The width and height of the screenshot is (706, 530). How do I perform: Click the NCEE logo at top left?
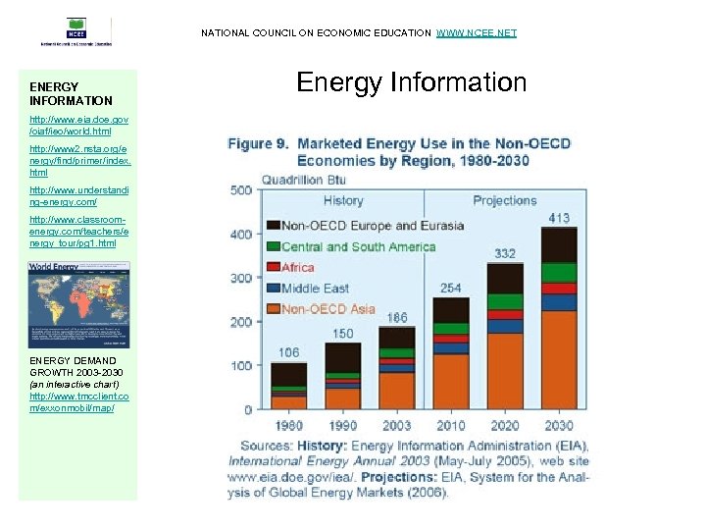pos(76,31)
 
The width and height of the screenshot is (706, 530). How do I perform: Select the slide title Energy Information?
pos(411,82)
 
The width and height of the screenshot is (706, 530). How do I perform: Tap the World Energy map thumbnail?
pos(77,304)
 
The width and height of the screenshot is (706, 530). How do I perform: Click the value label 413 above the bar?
pos(559,218)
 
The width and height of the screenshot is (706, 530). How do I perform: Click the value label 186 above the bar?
pos(397,318)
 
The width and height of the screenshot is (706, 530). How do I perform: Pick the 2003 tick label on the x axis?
pos(397,426)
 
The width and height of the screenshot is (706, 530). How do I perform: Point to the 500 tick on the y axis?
pos(241,190)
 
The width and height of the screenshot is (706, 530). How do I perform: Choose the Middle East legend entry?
pos(315,289)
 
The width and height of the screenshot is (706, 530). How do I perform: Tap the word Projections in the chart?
pos(504,200)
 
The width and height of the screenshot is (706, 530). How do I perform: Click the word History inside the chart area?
pos(343,200)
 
